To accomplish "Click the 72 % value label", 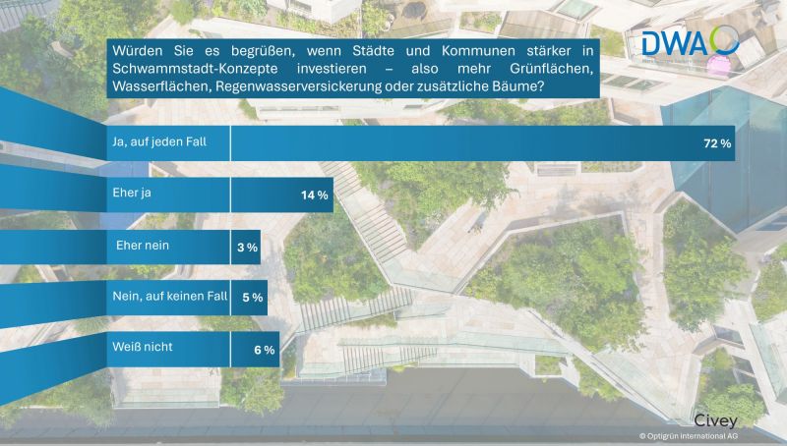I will (x=717, y=143).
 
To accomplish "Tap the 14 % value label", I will (x=315, y=195).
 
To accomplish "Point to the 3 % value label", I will (x=247, y=248).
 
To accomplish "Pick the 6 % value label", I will (x=263, y=349).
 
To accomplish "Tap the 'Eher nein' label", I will (x=145, y=245).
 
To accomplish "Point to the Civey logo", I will (x=716, y=415).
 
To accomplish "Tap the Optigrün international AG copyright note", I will (x=689, y=435).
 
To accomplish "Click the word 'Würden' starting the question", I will (x=136, y=48).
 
